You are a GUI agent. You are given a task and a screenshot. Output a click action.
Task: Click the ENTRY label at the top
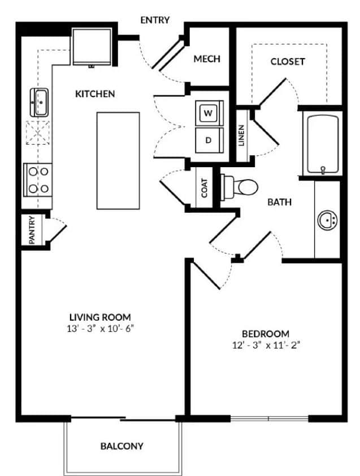point(155,20)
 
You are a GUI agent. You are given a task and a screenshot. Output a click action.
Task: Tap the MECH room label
point(206,59)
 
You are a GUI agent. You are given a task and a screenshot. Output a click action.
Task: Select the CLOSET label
point(287,61)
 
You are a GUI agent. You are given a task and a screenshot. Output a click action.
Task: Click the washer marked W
point(209,113)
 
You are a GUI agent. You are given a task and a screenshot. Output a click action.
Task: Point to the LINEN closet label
point(241,136)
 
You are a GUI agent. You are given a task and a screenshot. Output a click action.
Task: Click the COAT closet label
point(204,188)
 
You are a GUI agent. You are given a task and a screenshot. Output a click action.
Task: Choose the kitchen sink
point(40,102)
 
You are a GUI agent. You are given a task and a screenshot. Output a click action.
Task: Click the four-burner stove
point(37,179)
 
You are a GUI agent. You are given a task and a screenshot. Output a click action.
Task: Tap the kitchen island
point(118,160)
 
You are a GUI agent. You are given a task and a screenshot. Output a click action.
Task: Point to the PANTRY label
point(32,230)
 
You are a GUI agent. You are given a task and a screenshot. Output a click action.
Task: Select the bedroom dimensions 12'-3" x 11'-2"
point(266,345)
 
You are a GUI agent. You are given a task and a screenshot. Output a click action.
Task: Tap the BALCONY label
point(122,446)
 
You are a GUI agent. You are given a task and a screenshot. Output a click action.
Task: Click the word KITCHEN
point(95,94)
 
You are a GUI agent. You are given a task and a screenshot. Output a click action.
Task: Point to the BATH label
point(279,202)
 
